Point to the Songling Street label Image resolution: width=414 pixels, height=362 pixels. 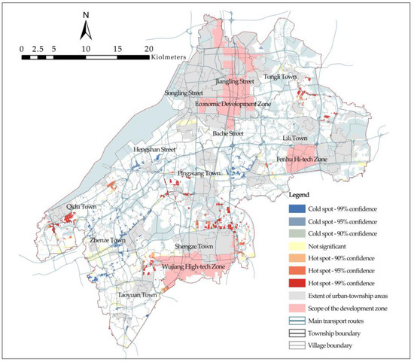coord(186,93)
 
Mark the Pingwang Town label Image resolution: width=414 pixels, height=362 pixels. coord(199,172)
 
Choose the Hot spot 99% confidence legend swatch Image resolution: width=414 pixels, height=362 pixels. coord(298,282)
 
